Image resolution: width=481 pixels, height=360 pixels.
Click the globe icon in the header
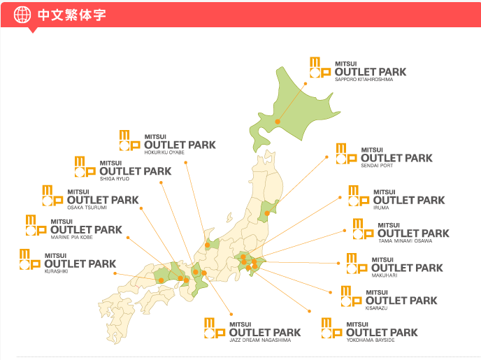[x=23, y=15]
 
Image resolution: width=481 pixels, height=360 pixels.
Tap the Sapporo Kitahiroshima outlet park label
[x=370, y=71]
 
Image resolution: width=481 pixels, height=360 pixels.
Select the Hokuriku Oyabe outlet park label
[x=179, y=144]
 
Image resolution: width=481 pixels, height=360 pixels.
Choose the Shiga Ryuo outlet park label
[x=135, y=171]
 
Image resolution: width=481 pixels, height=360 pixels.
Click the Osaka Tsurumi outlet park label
[x=103, y=199]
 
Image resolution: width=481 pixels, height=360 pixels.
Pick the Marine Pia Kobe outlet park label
[x=86, y=229]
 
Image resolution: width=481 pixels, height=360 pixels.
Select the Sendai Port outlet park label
[x=396, y=157]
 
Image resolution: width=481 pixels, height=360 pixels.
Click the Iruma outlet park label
[x=409, y=199]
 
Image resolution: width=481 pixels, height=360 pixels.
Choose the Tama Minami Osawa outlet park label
[x=413, y=233]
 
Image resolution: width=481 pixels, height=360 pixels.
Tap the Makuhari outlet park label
[x=407, y=267]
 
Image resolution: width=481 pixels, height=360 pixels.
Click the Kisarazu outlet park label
[x=401, y=300]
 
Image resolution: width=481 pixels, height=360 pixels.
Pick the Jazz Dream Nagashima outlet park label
[x=264, y=331]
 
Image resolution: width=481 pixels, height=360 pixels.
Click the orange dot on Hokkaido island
[x=278, y=121]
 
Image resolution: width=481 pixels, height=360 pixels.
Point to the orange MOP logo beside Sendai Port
[x=346, y=154]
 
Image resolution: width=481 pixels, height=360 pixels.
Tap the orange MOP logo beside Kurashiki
[x=31, y=259]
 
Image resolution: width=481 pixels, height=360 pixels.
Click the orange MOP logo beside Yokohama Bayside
[x=331, y=328]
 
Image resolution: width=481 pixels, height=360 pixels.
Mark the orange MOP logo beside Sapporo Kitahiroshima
[x=320, y=68]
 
